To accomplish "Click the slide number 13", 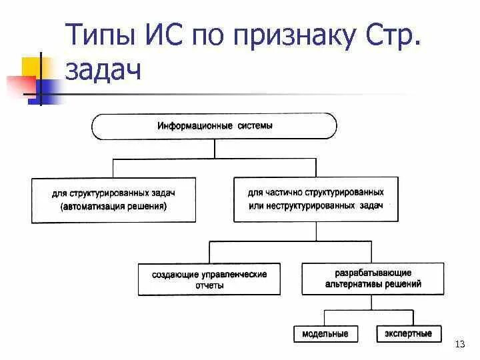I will (x=460, y=344).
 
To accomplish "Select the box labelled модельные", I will (x=325, y=334).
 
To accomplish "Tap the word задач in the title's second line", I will (x=104, y=69).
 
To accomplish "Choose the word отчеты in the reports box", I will (x=210, y=285).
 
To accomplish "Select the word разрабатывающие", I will (x=373, y=273).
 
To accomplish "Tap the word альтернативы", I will (x=353, y=284).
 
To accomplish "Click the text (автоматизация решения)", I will (x=113, y=206).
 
